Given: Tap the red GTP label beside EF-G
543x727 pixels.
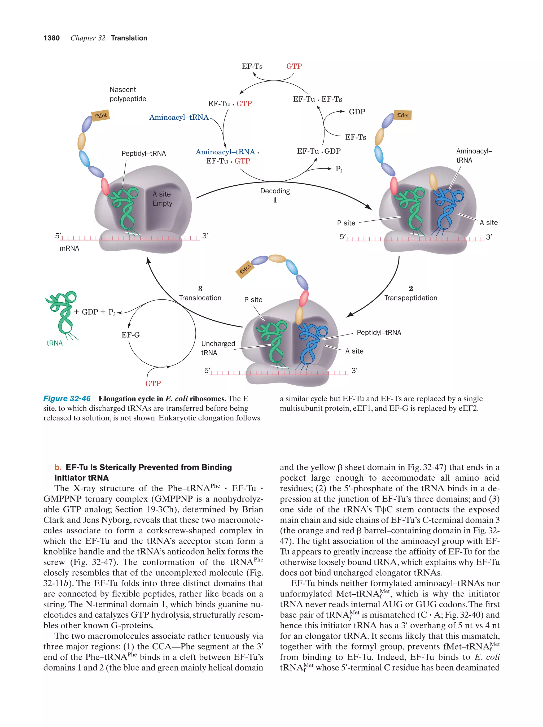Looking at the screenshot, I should pyautogui.click(x=153, y=383).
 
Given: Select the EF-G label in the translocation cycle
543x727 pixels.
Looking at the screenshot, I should pyautogui.click(x=130, y=335).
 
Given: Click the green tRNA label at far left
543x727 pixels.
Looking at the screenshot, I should pyautogui.click(x=55, y=343).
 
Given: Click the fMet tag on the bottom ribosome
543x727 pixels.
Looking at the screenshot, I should pyautogui.click(x=245, y=269).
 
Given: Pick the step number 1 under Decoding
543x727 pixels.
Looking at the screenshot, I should pyautogui.click(x=275, y=200).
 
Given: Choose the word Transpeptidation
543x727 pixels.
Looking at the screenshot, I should pyautogui.click(x=411, y=298).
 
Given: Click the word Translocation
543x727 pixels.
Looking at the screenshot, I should pyautogui.click(x=200, y=298).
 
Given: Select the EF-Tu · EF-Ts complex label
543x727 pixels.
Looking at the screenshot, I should pyautogui.click(x=317, y=99).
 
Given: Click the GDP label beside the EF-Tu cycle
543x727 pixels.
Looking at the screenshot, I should pyautogui.click(x=357, y=112).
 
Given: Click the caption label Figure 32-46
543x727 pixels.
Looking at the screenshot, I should pyautogui.click(x=67, y=399).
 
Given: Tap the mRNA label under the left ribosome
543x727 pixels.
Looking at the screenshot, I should pyautogui.click(x=69, y=249).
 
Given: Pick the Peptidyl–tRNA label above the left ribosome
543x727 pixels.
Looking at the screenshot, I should pyautogui.click(x=143, y=154).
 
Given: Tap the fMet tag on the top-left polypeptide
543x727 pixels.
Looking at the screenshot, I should pyautogui.click(x=100, y=116).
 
